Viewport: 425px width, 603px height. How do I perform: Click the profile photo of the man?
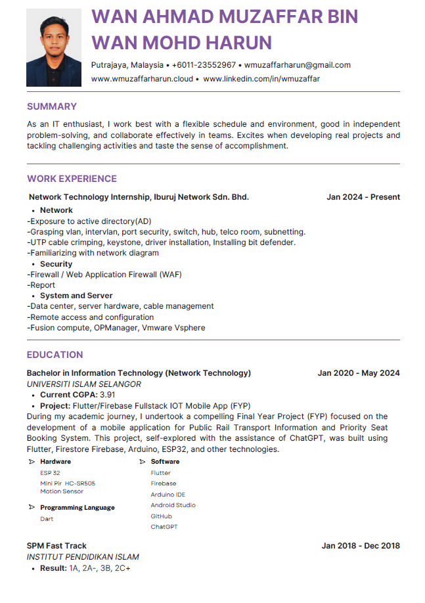click(54, 47)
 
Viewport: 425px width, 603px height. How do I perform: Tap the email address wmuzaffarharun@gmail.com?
click(297, 65)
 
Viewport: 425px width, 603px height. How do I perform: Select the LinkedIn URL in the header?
click(261, 79)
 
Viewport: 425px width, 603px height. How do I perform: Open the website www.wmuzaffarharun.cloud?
click(142, 79)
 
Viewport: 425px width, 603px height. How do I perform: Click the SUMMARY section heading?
click(52, 106)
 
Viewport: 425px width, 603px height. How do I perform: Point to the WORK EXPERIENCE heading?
click(72, 179)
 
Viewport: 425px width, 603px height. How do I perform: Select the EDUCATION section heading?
click(55, 355)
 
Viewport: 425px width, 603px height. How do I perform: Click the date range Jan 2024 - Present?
click(363, 197)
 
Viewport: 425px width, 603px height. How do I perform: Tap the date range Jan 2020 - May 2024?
click(358, 373)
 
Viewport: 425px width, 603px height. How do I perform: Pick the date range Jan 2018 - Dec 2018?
click(360, 546)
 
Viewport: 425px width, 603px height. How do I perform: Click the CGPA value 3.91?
click(107, 395)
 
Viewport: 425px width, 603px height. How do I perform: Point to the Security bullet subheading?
click(56, 264)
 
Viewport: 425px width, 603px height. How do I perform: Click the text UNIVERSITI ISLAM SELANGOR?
click(83, 384)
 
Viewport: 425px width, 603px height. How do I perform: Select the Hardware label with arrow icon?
click(55, 462)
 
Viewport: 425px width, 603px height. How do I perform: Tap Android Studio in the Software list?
click(173, 505)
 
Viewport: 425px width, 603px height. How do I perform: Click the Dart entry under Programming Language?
click(47, 519)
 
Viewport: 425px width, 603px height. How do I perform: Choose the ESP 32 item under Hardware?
click(50, 473)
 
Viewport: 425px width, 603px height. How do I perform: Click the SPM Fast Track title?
click(56, 546)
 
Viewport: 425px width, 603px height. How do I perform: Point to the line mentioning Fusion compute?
click(116, 328)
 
